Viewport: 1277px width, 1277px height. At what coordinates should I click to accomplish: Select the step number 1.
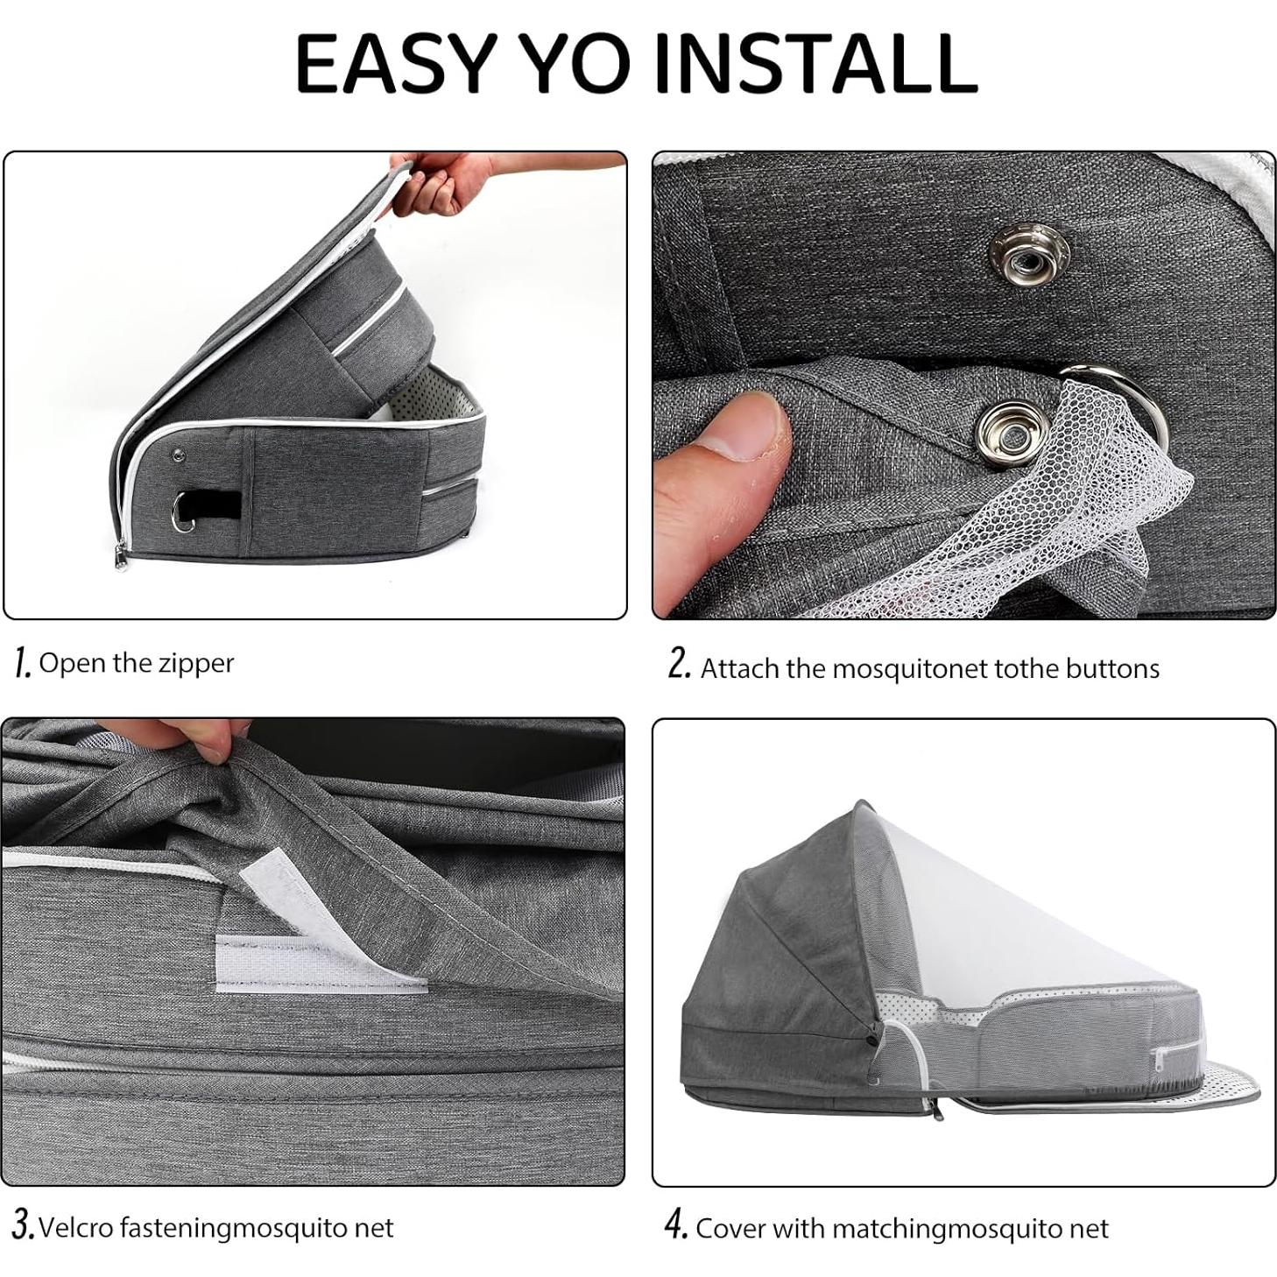(23, 663)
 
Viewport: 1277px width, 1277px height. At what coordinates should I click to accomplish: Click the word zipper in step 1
(196, 664)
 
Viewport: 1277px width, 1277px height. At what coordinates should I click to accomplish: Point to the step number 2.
(679, 665)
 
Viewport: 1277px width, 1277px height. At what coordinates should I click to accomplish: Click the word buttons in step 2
(1111, 669)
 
